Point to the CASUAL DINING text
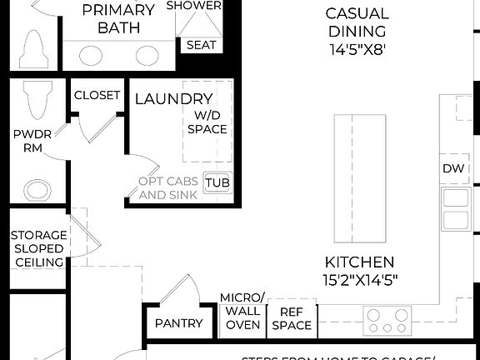click(x=357, y=22)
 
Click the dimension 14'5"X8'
click(x=357, y=49)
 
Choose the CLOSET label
click(x=97, y=95)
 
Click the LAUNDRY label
click(x=169, y=99)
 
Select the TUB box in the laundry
click(x=217, y=182)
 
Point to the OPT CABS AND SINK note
click(x=168, y=187)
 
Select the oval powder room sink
click(x=37, y=189)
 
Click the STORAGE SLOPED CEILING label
click(x=37, y=248)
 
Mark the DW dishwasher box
click(x=453, y=169)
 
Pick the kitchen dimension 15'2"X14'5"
click(x=361, y=270)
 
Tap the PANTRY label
click(x=179, y=323)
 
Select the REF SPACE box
click(x=292, y=318)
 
